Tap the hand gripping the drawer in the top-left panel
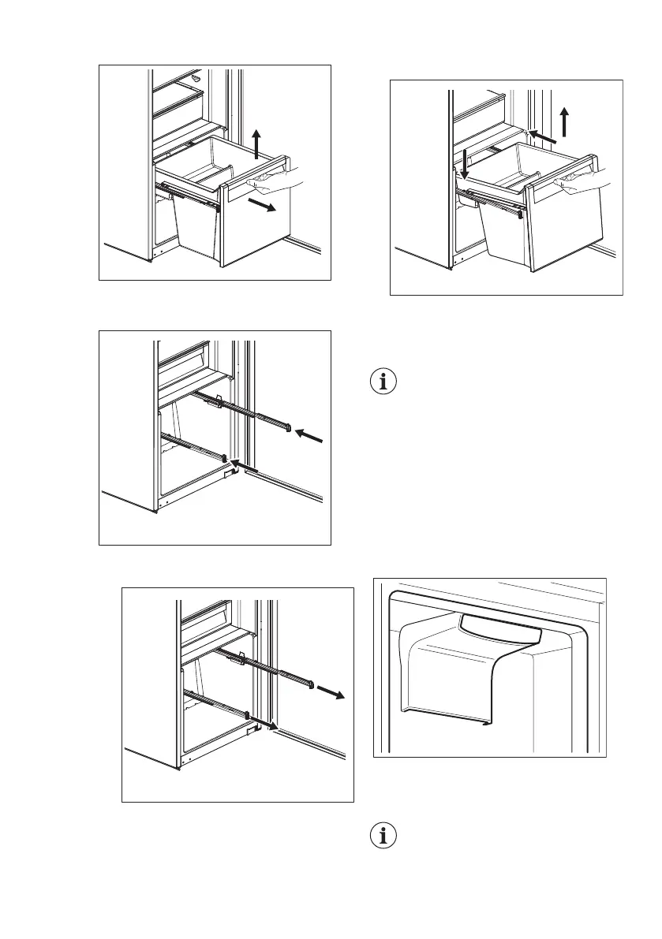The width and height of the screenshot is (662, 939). click(x=278, y=182)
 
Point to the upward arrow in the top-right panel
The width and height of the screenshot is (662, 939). click(x=565, y=123)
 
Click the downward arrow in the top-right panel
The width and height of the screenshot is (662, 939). click(x=464, y=162)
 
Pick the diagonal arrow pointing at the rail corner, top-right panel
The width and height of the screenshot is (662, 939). click(x=544, y=137)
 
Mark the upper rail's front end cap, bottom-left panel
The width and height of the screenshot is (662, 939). click(x=312, y=681)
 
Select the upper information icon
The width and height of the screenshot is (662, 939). click(x=383, y=382)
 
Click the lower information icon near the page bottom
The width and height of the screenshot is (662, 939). click(x=383, y=837)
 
